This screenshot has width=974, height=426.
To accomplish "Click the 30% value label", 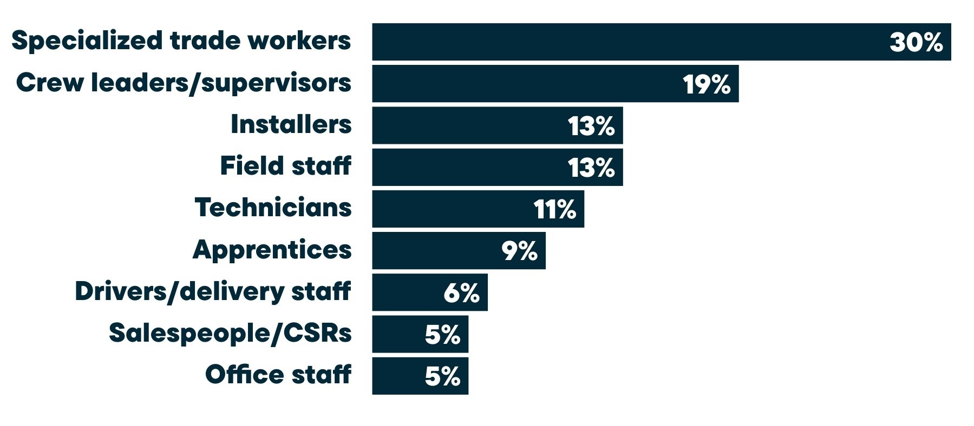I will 916,42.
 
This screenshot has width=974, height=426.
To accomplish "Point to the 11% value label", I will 555,209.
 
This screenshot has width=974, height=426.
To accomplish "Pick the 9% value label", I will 519,251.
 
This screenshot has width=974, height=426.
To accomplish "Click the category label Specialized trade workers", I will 181,41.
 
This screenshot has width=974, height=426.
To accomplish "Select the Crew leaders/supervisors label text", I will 184,83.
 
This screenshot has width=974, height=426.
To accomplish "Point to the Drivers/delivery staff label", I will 213,292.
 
